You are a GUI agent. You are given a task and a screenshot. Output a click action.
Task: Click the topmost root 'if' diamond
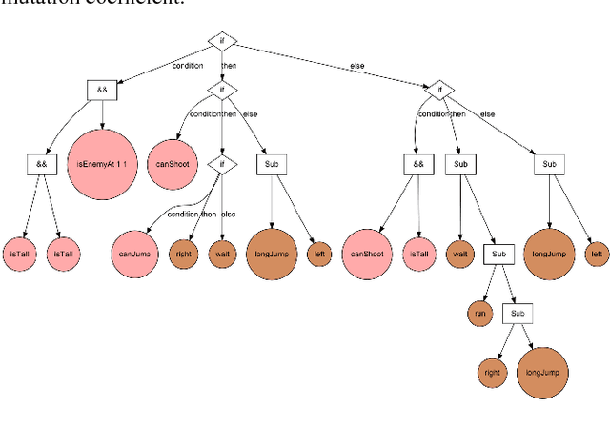pos(222,41)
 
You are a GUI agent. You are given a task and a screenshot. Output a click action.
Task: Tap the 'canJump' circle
pos(134,254)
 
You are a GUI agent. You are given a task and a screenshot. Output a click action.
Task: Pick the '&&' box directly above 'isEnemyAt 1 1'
pos(101,91)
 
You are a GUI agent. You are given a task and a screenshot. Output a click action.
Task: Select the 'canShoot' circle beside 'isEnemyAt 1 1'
pos(174,164)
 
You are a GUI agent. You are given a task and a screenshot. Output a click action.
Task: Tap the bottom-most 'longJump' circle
pos(541,368)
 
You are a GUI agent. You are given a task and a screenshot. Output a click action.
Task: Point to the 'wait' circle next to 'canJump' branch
pos(222,254)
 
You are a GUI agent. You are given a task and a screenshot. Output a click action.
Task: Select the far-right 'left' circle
pos(596,254)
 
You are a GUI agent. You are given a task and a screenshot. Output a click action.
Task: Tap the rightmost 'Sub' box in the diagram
pos(549,164)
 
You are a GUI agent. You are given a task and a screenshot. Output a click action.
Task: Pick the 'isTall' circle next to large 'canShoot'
pos(419,254)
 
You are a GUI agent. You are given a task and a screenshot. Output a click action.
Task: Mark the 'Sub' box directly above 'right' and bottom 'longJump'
pos(517,312)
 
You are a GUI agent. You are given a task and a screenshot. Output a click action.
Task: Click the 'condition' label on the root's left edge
pos(188,66)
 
